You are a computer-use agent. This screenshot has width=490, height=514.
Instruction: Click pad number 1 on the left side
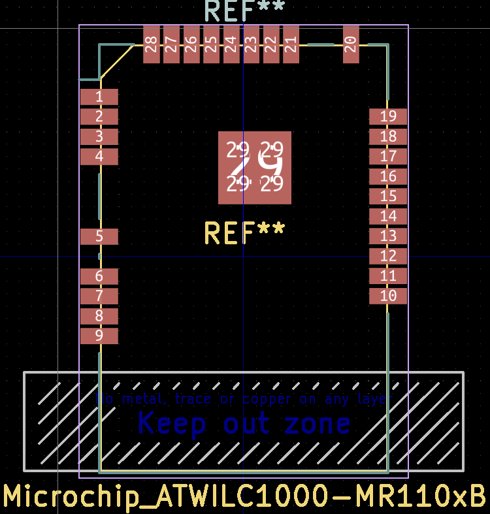pos(99,97)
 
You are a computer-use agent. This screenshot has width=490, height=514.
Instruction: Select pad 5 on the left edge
pos(99,236)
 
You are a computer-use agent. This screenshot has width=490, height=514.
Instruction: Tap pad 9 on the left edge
pos(99,336)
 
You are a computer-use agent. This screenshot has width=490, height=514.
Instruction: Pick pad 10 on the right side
pos(388,296)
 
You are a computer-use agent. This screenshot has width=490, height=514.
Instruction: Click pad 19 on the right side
pos(388,117)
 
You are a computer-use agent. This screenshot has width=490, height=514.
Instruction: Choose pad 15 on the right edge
pos(388,197)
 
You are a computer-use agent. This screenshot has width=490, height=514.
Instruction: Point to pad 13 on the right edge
pos(388,236)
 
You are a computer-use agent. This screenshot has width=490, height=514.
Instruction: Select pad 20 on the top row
pos(351,44)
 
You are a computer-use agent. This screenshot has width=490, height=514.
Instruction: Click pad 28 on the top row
pos(152,44)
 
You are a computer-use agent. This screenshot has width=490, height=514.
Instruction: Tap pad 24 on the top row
pos(231,44)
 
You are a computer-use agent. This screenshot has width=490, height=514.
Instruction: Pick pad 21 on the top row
pos(291,44)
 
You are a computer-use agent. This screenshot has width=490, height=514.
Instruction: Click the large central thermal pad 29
pos(254,167)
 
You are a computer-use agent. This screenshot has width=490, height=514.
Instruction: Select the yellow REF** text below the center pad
pos(244,233)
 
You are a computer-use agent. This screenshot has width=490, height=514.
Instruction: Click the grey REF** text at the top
pos(244,11)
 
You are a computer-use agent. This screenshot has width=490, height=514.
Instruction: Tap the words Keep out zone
pos(244,424)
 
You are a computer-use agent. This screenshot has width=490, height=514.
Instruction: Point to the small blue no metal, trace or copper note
pos(244,398)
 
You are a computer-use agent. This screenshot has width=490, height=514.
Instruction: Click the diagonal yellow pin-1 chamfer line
pos(118,61)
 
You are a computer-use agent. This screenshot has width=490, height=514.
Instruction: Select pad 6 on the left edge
pos(99,276)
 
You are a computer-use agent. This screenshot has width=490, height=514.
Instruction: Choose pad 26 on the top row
pos(191,44)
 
